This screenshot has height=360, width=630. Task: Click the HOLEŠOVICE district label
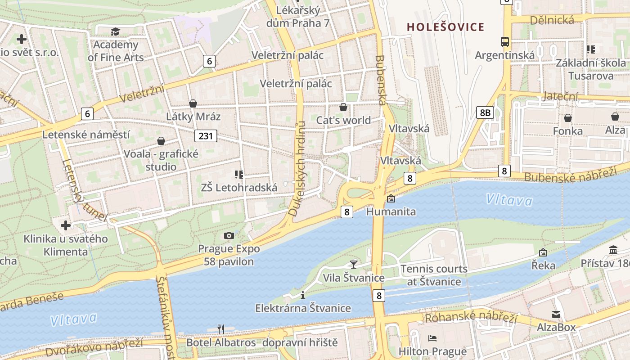[445, 27]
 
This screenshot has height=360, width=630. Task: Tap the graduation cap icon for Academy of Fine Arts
[116, 31]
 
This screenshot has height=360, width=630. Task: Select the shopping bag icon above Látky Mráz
[193, 103]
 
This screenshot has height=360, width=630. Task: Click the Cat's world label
[343, 120]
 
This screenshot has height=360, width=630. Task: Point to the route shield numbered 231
[206, 135]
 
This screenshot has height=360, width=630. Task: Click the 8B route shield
[485, 112]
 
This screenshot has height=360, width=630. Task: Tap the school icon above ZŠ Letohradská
[239, 174]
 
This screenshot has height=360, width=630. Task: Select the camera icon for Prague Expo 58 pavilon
[229, 235]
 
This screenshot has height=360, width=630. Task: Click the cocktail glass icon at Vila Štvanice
[354, 264]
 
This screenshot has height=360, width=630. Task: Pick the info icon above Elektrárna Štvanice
[303, 295]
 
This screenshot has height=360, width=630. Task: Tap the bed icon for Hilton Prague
[432, 338]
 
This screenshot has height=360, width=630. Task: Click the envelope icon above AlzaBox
[556, 314]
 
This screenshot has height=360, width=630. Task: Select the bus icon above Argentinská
[505, 42]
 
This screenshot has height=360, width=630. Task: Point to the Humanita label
[391, 211]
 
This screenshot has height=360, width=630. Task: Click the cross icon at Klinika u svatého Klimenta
[66, 225]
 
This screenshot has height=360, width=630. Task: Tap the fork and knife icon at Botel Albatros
[221, 329]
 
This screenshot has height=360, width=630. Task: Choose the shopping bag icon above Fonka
[568, 118]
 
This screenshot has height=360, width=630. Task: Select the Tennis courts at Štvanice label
[434, 275]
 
